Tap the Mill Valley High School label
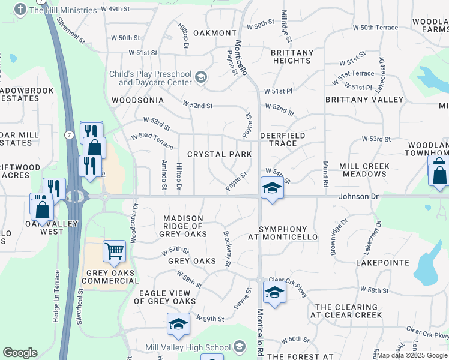(188, 347)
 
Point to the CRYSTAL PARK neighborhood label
(219, 154)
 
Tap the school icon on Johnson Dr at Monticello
(271, 189)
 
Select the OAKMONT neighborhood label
(215, 33)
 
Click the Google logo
(20, 353)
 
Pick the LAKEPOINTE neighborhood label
(382, 263)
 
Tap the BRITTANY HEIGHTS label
(292, 56)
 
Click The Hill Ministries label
(62, 10)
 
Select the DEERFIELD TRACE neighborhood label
(282, 140)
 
